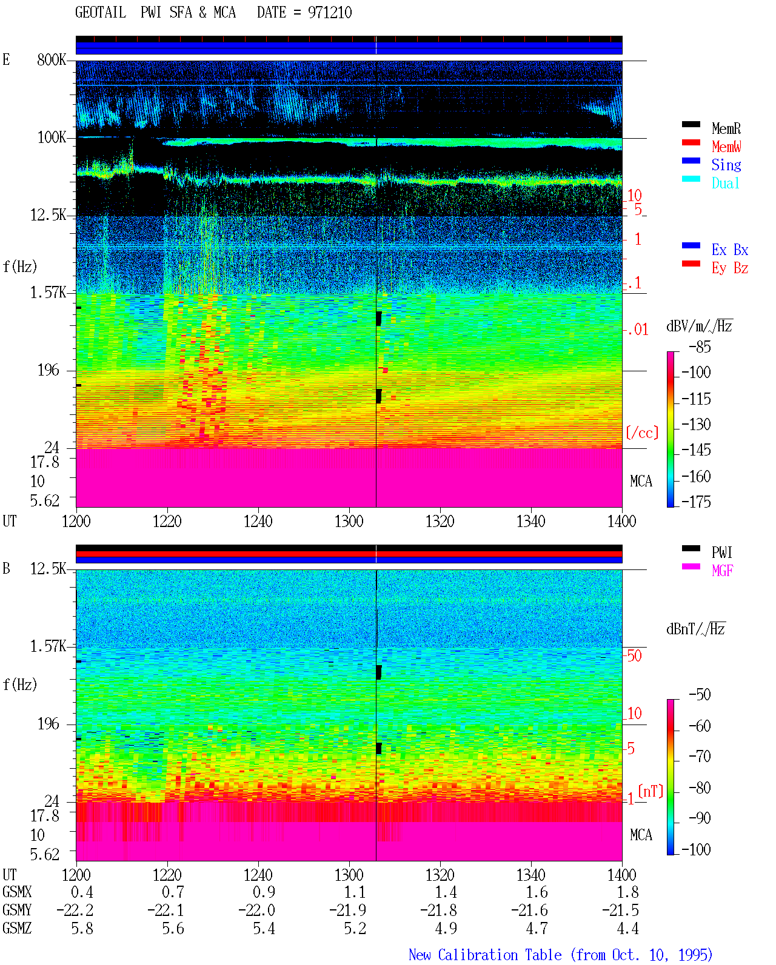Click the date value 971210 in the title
(329, 13)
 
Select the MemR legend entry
(726, 128)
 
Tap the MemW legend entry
(726, 147)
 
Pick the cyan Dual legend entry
(725, 183)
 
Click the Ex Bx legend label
(730, 250)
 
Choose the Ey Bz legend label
(730, 268)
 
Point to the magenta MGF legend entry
(722, 571)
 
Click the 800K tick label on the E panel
(52, 59)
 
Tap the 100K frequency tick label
(52, 138)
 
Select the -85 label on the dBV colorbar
(700, 347)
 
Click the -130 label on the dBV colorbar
(696, 424)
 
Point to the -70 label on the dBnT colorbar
(700, 756)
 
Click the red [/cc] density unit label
(642, 433)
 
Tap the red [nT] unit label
(651, 791)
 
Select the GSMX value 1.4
(446, 892)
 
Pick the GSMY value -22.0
(256, 910)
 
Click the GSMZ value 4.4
(627, 928)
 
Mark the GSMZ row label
(17, 928)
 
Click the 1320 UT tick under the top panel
(440, 521)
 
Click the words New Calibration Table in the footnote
(485, 955)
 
